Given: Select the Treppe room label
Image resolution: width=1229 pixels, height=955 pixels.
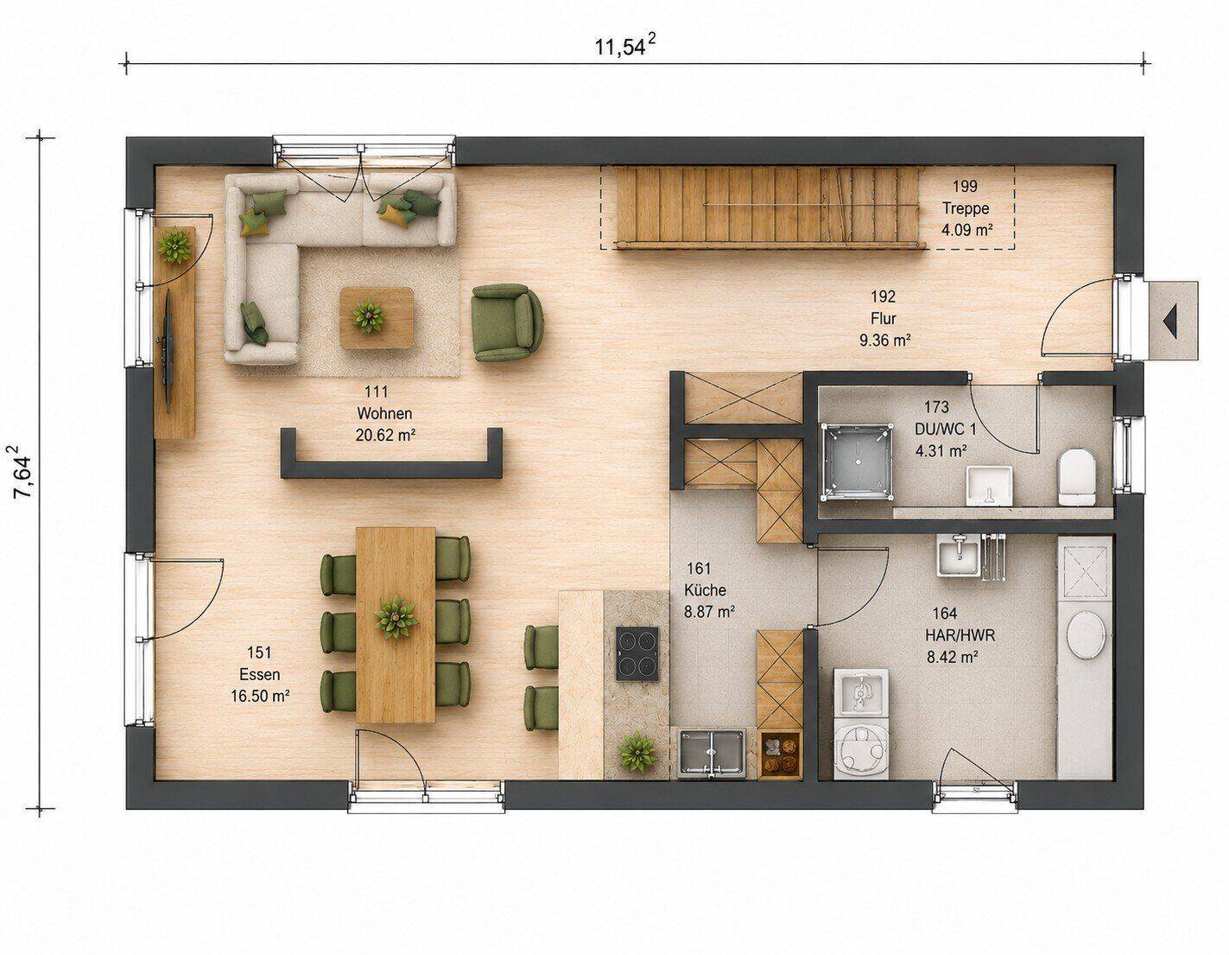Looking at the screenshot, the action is click(x=966, y=208).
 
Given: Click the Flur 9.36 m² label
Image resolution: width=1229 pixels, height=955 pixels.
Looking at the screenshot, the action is click(x=884, y=319).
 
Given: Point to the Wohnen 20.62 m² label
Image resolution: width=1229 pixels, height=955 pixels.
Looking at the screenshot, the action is click(x=384, y=414).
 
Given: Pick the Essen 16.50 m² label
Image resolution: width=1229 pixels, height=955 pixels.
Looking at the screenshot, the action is click(x=260, y=674).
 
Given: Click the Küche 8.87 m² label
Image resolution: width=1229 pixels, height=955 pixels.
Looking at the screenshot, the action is click(x=709, y=590).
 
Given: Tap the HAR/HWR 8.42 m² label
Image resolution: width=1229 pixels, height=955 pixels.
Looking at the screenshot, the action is click(x=960, y=634).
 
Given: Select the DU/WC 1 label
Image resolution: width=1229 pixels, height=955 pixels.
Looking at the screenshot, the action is click(x=945, y=429).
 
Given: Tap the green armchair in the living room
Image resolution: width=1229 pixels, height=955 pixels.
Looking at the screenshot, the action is click(x=507, y=322).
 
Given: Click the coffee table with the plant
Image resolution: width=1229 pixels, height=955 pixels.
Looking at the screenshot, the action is click(x=376, y=317).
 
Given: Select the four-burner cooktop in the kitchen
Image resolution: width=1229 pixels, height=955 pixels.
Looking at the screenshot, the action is click(x=637, y=653).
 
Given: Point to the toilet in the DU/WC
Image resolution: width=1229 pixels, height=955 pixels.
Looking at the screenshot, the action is click(x=1077, y=477).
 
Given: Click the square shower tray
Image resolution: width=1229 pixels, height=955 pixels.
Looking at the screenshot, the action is click(x=856, y=462).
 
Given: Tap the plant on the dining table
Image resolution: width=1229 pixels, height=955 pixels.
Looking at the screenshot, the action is click(x=396, y=618).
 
